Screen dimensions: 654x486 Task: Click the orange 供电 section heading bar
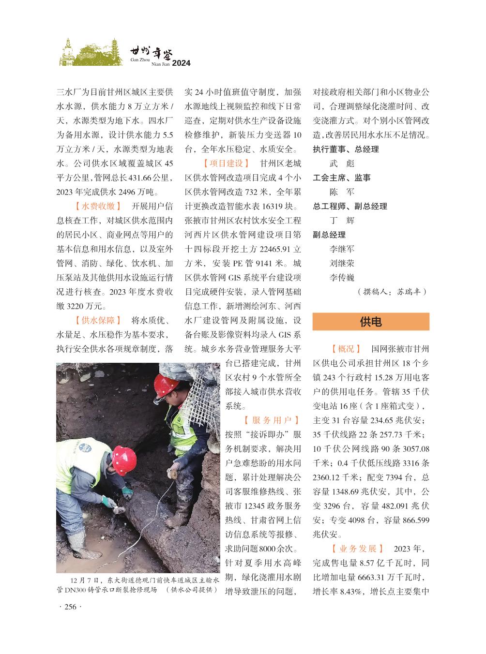point(371,322)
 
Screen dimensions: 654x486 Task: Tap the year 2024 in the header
point(182,63)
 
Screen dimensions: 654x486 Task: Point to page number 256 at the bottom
point(71,607)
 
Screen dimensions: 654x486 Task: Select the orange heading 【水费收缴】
point(98,207)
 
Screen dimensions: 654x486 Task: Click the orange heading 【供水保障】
point(98,320)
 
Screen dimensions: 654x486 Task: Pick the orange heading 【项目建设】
point(226,163)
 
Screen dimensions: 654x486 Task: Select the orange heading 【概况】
point(346,349)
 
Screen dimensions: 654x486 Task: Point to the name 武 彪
point(342,163)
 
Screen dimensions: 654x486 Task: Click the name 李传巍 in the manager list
point(342,278)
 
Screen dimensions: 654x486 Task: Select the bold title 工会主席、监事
point(342,178)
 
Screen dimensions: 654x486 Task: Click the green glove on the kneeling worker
point(127,492)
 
